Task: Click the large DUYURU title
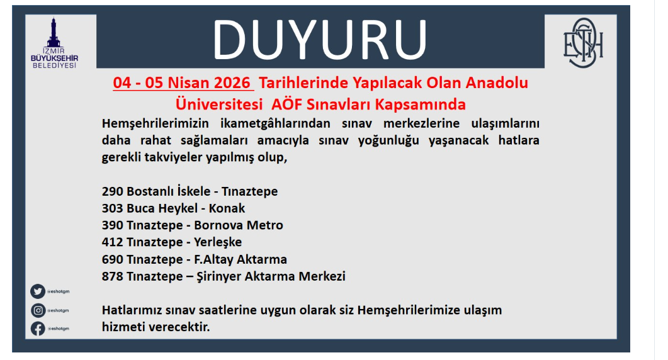[x=319, y=40]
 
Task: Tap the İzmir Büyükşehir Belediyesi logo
[x=54, y=43]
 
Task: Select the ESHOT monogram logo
[x=583, y=43]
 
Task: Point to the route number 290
[x=112, y=191]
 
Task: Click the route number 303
[x=112, y=208]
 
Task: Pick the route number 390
[x=112, y=225]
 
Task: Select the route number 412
[x=112, y=242]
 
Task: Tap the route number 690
[x=112, y=259]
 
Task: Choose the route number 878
[x=112, y=276]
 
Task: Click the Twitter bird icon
[x=38, y=291]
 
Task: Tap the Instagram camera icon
[x=38, y=310]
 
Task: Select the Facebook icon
[x=38, y=329]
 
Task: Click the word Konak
[x=227, y=208]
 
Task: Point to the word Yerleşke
[x=218, y=242]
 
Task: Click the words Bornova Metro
[x=239, y=225]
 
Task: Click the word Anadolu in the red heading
[x=497, y=82]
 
